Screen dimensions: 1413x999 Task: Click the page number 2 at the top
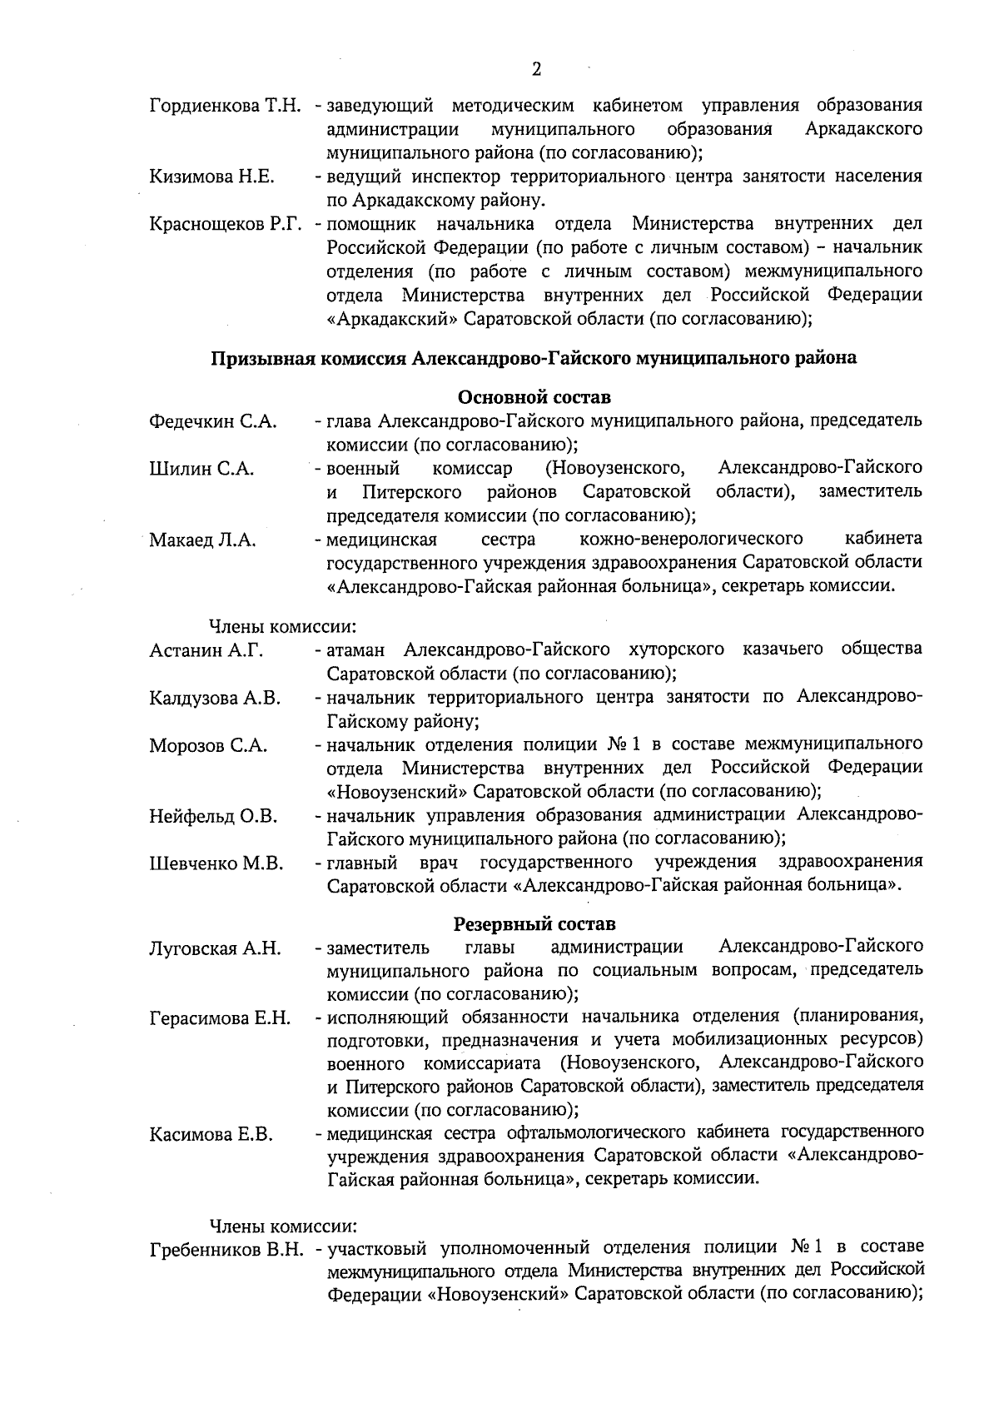click(x=536, y=70)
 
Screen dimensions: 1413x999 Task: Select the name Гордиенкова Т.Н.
click(x=225, y=107)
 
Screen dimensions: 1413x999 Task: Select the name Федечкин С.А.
click(x=212, y=421)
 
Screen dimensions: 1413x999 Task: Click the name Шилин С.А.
click(x=201, y=469)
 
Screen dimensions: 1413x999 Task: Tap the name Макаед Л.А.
click(x=202, y=540)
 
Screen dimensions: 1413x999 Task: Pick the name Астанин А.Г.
click(x=206, y=650)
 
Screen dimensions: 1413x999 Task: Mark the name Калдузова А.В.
click(x=215, y=698)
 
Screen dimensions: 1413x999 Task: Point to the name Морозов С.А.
click(x=208, y=746)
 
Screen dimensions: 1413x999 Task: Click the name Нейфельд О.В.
click(x=213, y=817)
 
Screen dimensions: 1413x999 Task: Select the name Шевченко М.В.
click(x=216, y=864)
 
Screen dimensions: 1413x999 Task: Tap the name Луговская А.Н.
click(x=215, y=948)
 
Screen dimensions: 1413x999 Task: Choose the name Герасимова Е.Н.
click(x=220, y=1018)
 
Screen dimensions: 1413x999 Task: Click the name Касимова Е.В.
click(x=211, y=1134)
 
